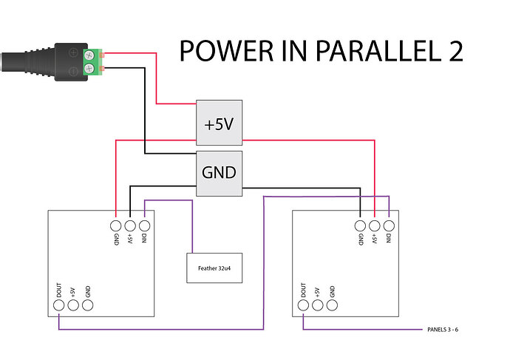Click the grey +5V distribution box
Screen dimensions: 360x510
tap(219, 124)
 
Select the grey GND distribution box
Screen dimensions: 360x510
tap(219, 173)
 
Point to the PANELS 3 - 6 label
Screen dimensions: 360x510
tap(449, 329)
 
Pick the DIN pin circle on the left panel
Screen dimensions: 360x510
tap(144, 226)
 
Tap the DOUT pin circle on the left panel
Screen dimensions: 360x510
tap(58, 303)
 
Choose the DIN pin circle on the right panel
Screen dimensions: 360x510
tap(389, 226)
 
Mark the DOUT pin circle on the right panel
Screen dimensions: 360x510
tap(303, 303)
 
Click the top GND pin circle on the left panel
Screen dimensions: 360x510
tap(116, 226)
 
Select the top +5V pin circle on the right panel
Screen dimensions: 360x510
tap(375, 226)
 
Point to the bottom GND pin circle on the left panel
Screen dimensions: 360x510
tap(87, 303)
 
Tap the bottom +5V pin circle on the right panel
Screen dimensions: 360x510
tap(317, 303)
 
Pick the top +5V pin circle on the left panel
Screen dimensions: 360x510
tap(130, 226)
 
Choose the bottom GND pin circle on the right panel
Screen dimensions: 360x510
tap(332, 303)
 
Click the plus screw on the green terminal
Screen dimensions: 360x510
tap(89, 53)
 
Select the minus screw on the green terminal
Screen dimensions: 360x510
tap(89, 69)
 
